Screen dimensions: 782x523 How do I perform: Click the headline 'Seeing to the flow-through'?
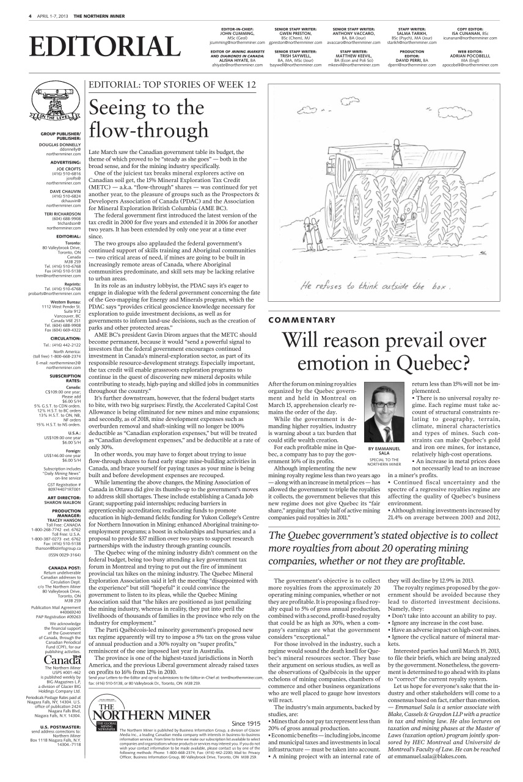pos(148,119)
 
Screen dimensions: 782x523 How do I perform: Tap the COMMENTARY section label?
pos(302,320)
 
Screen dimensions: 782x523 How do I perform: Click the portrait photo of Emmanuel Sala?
pos(384,412)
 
